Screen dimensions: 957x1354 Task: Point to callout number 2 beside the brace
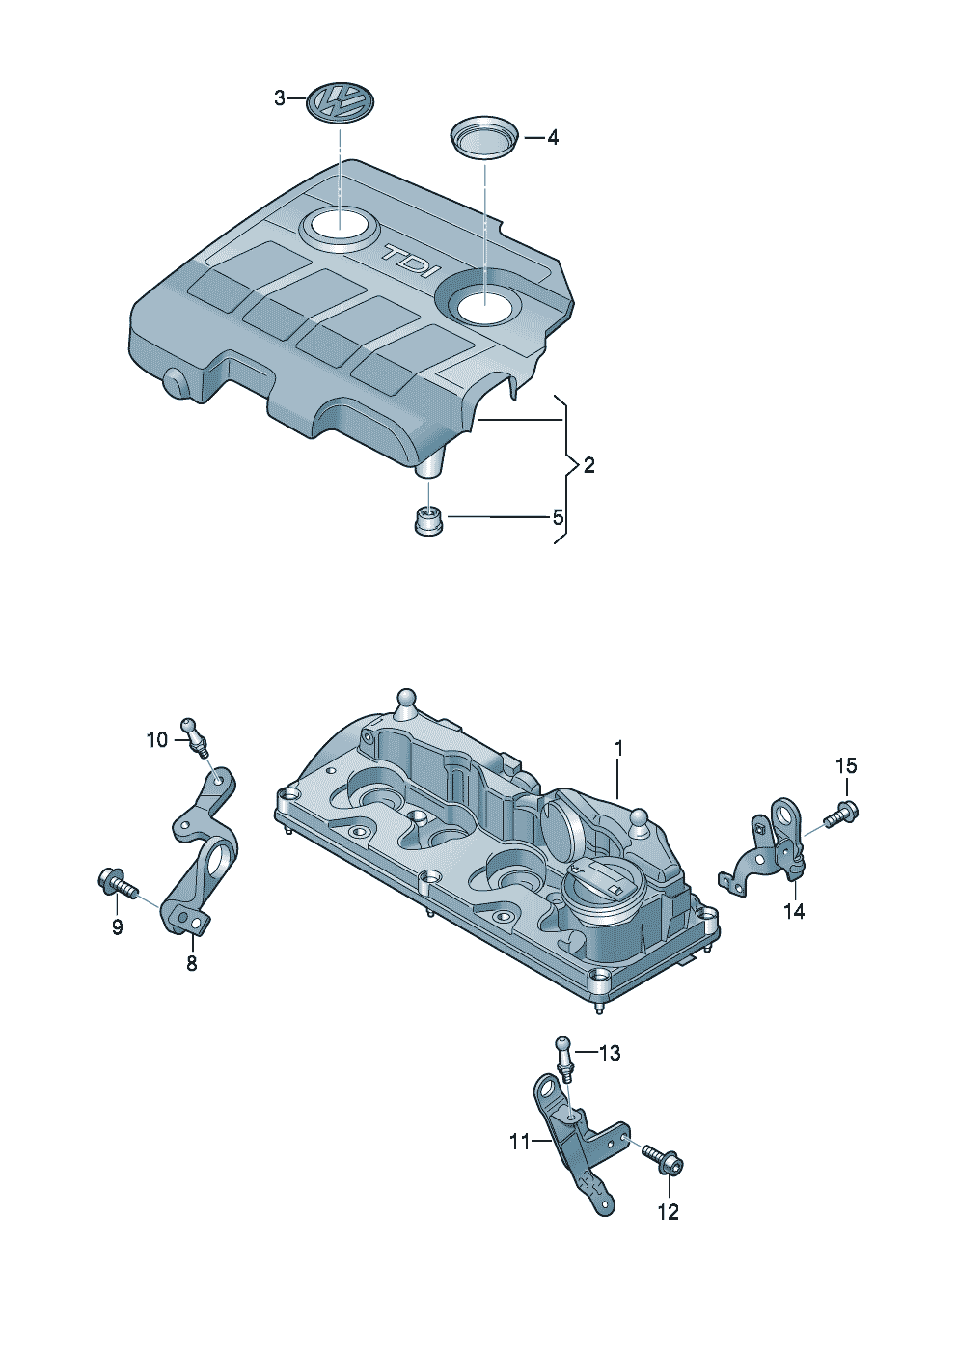tap(588, 465)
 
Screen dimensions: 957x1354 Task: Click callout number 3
tap(279, 97)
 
